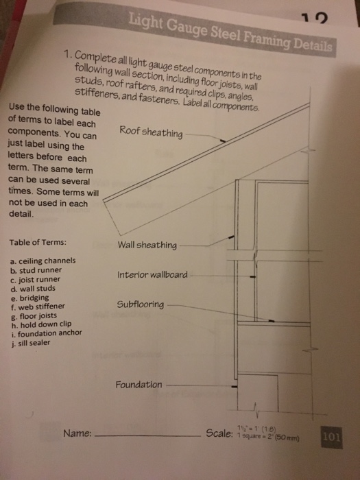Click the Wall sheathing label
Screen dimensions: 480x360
point(147,245)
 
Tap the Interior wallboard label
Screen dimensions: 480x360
point(152,275)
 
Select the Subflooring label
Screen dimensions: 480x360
point(140,303)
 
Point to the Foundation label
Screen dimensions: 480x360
point(139,385)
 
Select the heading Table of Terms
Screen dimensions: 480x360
point(38,243)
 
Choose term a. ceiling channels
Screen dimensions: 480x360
point(43,261)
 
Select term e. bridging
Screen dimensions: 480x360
point(29,298)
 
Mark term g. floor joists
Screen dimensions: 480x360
point(34,315)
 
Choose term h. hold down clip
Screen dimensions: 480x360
point(40,324)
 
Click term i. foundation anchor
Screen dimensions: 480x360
point(46,333)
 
